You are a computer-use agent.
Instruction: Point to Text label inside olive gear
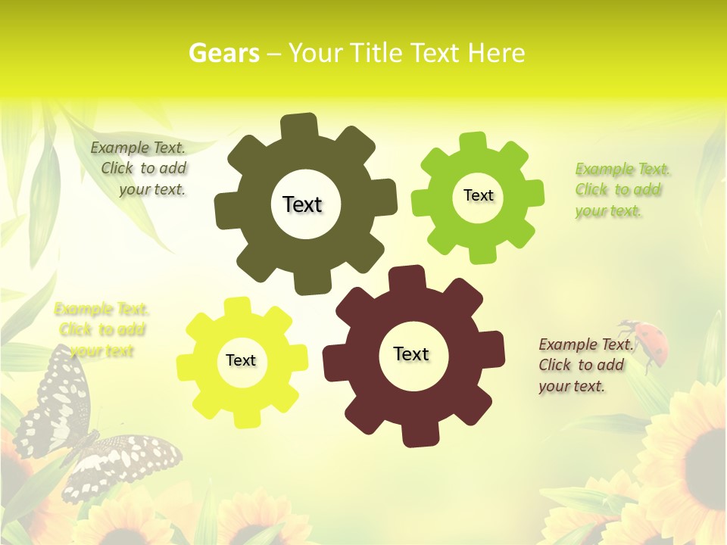pos(302,204)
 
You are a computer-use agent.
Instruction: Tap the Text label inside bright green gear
pos(478,195)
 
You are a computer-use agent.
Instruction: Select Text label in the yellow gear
pos(241,360)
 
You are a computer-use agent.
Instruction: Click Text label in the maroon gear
pos(411,353)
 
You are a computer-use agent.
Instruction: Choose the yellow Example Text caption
pos(101,330)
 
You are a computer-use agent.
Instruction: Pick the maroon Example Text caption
pos(585,365)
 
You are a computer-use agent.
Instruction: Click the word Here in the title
pos(496,53)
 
